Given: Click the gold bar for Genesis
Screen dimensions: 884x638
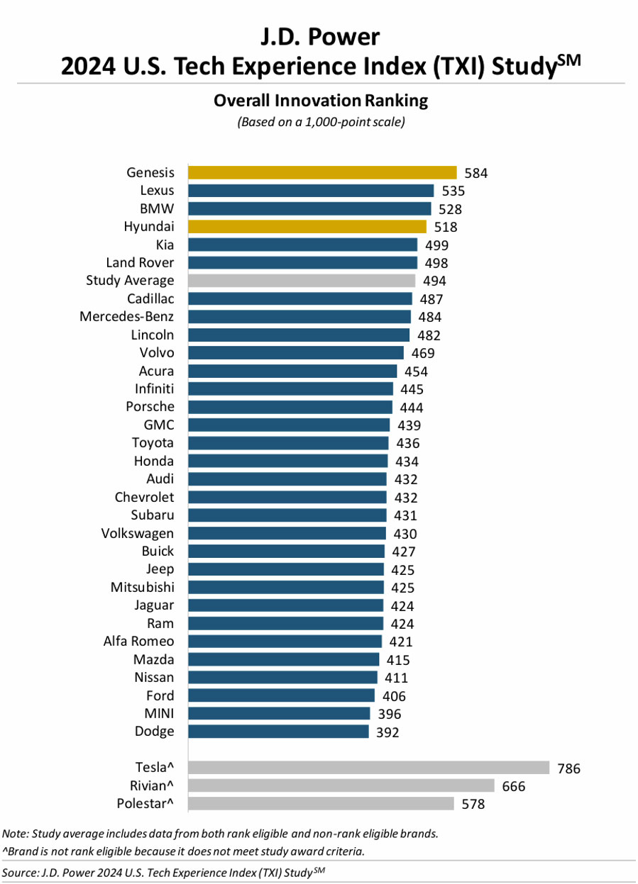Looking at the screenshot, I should click(x=322, y=172).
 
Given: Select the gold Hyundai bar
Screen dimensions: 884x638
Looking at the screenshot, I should click(x=307, y=227).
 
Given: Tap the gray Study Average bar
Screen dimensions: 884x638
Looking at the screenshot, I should click(x=302, y=281).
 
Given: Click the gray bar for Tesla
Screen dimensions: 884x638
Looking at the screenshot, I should click(x=368, y=768).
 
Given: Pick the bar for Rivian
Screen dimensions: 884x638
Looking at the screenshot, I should click(x=341, y=785).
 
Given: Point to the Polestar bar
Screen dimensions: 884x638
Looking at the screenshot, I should click(x=321, y=803).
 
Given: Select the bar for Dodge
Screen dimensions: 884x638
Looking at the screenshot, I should click(x=278, y=732).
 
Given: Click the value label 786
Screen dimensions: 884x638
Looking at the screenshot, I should click(x=568, y=768).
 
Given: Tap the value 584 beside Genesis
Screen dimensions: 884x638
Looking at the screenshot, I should click(x=476, y=173).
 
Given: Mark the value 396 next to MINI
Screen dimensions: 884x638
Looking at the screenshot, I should click(x=389, y=714).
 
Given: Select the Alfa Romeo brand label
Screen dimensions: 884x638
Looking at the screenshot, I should click(x=138, y=642).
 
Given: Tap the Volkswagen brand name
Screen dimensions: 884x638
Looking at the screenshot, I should click(x=138, y=533).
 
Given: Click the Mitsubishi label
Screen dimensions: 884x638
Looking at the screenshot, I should click(x=142, y=587).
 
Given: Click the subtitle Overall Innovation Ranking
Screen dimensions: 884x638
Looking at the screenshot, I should click(x=321, y=101).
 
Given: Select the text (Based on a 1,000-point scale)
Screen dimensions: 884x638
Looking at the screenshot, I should click(x=321, y=122).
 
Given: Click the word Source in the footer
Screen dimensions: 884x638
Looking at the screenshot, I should click(x=20, y=872).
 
